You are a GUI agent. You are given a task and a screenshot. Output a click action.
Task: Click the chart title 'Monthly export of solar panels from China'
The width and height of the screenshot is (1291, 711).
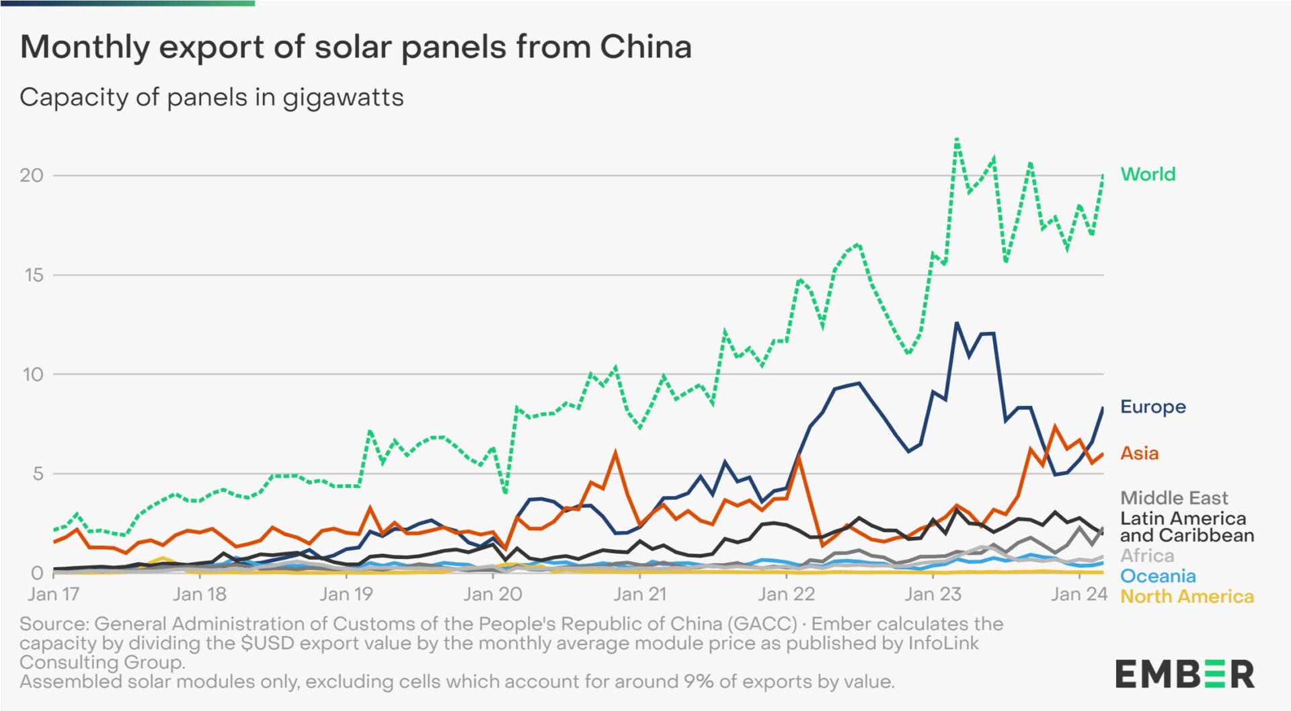click(x=356, y=47)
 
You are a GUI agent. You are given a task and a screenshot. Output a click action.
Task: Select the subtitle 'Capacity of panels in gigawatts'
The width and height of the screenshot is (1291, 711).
click(x=212, y=97)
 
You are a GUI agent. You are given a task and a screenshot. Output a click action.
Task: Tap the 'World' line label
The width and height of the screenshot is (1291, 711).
click(x=1148, y=174)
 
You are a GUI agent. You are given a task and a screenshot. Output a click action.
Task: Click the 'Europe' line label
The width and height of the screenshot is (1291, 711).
click(x=1152, y=407)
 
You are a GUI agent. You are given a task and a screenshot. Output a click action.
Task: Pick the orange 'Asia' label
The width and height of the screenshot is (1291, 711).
click(x=1139, y=453)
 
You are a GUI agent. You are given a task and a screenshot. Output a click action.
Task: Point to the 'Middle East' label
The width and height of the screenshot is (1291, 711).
click(x=1174, y=498)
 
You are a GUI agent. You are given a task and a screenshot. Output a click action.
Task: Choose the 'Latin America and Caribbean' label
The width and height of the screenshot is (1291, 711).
click(x=1187, y=527)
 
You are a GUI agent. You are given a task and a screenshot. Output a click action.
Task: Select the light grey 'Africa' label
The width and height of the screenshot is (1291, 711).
click(x=1147, y=556)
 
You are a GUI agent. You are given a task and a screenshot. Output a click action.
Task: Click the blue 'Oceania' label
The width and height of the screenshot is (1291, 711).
click(x=1158, y=576)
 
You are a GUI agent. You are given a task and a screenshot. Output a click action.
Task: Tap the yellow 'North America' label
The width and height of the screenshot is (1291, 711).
click(x=1187, y=597)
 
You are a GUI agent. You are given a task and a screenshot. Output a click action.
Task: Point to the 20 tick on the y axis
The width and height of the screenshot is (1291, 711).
click(x=31, y=175)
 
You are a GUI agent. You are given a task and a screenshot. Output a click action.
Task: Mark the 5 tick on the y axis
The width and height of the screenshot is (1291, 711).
click(x=37, y=474)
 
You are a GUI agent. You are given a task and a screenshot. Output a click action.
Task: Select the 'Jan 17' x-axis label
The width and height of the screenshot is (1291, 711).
click(x=53, y=594)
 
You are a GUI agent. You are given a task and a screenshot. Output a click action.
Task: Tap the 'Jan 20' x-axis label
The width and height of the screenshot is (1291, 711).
click(x=492, y=594)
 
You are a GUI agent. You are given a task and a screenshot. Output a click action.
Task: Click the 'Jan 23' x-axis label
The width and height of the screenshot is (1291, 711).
click(x=932, y=594)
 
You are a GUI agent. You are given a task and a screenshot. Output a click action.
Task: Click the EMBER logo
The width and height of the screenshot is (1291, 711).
click(x=1185, y=674)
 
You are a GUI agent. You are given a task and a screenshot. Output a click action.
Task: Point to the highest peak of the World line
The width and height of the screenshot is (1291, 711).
click(x=957, y=139)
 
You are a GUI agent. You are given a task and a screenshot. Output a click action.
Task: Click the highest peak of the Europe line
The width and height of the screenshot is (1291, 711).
click(x=957, y=323)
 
